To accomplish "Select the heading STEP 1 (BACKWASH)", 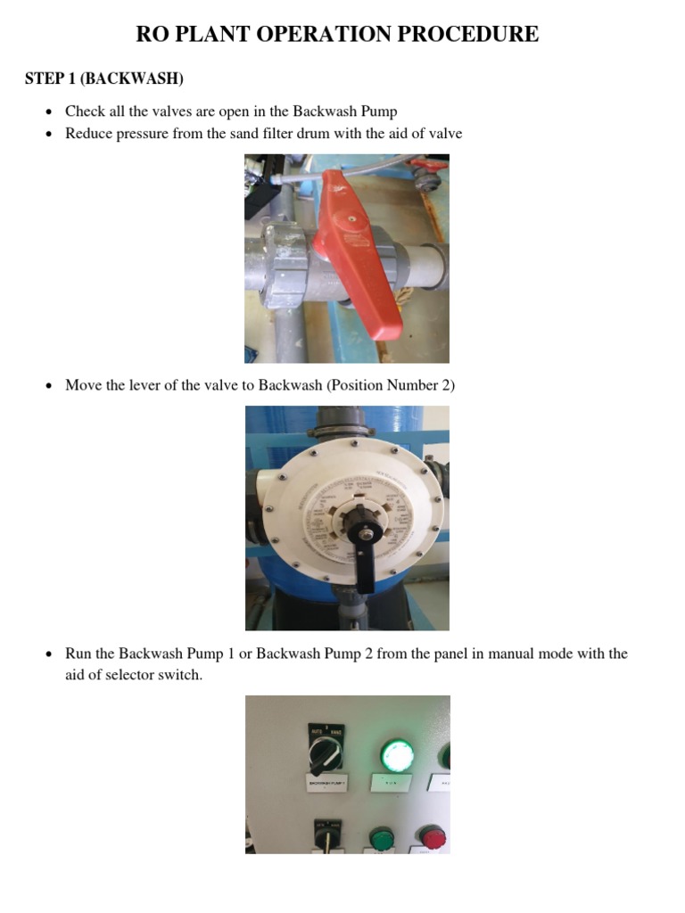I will click(x=104, y=79).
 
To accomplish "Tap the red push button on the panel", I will click(x=433, y=837).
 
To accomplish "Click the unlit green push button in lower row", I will click(x=381, y=838).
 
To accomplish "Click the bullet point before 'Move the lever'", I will click(x=49, y=386).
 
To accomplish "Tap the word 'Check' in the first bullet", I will click(x=86, y=111).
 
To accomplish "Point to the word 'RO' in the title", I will click(x=152, y=35).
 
